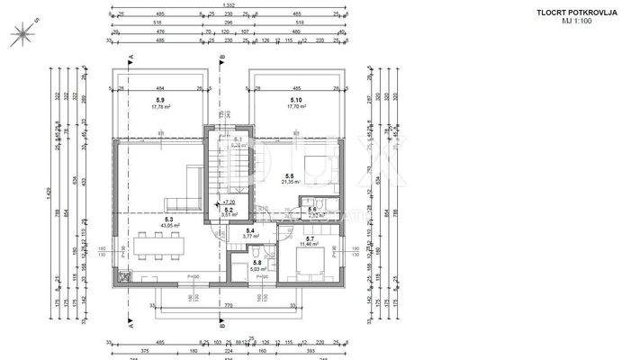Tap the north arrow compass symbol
click(x=19, y=33)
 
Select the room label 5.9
click(x=159, y=100)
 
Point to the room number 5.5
click(x=289, y=176)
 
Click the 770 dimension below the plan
click(x=229, y=306)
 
